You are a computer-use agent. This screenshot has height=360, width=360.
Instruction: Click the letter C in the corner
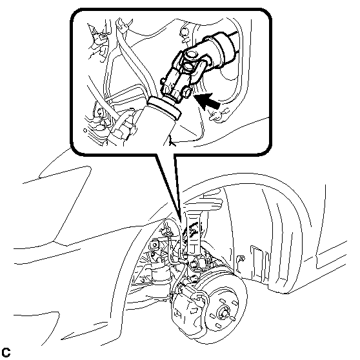click(x=6, y=352)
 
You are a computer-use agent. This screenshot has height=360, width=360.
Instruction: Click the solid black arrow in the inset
click(x=207, y=101)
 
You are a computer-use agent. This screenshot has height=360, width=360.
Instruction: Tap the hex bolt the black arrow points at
click(x=186, y=92)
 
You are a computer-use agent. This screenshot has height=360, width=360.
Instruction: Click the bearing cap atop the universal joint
click(x=192, y=54)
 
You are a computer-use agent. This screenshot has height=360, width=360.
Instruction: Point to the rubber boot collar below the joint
click(x=164, y=108)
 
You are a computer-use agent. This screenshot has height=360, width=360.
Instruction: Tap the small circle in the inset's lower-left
click(x=85, y=130)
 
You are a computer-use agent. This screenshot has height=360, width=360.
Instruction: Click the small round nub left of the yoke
click(x=163, y=81)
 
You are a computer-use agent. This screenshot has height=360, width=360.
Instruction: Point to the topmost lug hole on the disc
click(x=222, y=300)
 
